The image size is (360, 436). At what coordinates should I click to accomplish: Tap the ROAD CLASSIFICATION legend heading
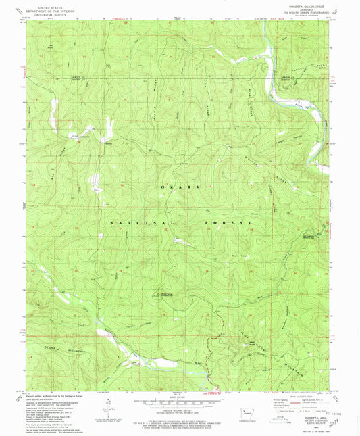click(298, 397)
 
